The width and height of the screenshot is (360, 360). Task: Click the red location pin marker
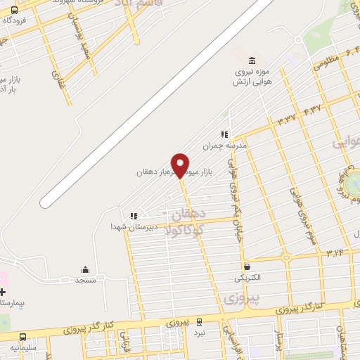(181, 165)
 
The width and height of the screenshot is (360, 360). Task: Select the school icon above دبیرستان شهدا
(132, 216)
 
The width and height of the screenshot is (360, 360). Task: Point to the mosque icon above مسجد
(86, 269)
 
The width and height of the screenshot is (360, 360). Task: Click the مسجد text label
(86, 280)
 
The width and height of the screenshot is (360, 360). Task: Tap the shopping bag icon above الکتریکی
(247, 266)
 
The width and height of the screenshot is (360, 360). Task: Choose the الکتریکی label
(247, 278)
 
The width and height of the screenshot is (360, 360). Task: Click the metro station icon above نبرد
(200, 321)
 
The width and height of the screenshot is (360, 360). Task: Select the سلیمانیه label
(24, 347)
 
